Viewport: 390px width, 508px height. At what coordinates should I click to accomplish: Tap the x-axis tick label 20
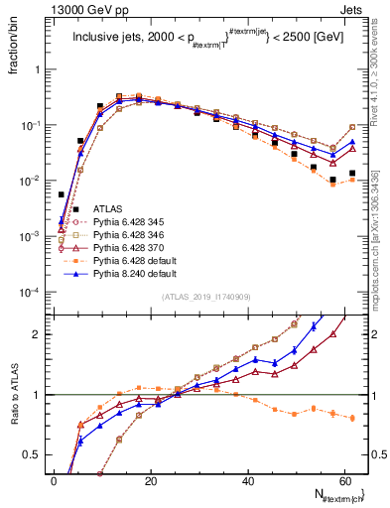point(150,480)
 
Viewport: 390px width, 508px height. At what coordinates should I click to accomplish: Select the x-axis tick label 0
point(54,480)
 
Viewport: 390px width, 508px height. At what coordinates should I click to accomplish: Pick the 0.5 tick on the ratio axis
point(38,454)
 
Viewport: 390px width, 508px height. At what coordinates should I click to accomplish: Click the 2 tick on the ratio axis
point(42,334)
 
